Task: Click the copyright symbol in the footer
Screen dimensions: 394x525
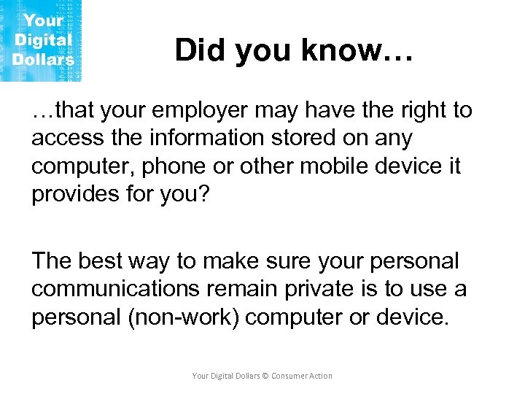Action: pyautogui.click(x=265, y=376)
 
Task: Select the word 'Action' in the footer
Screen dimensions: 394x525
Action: pyautogui.click(x=321, y=376)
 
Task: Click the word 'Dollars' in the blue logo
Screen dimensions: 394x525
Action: pyautogui.click(x=43, y=59)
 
